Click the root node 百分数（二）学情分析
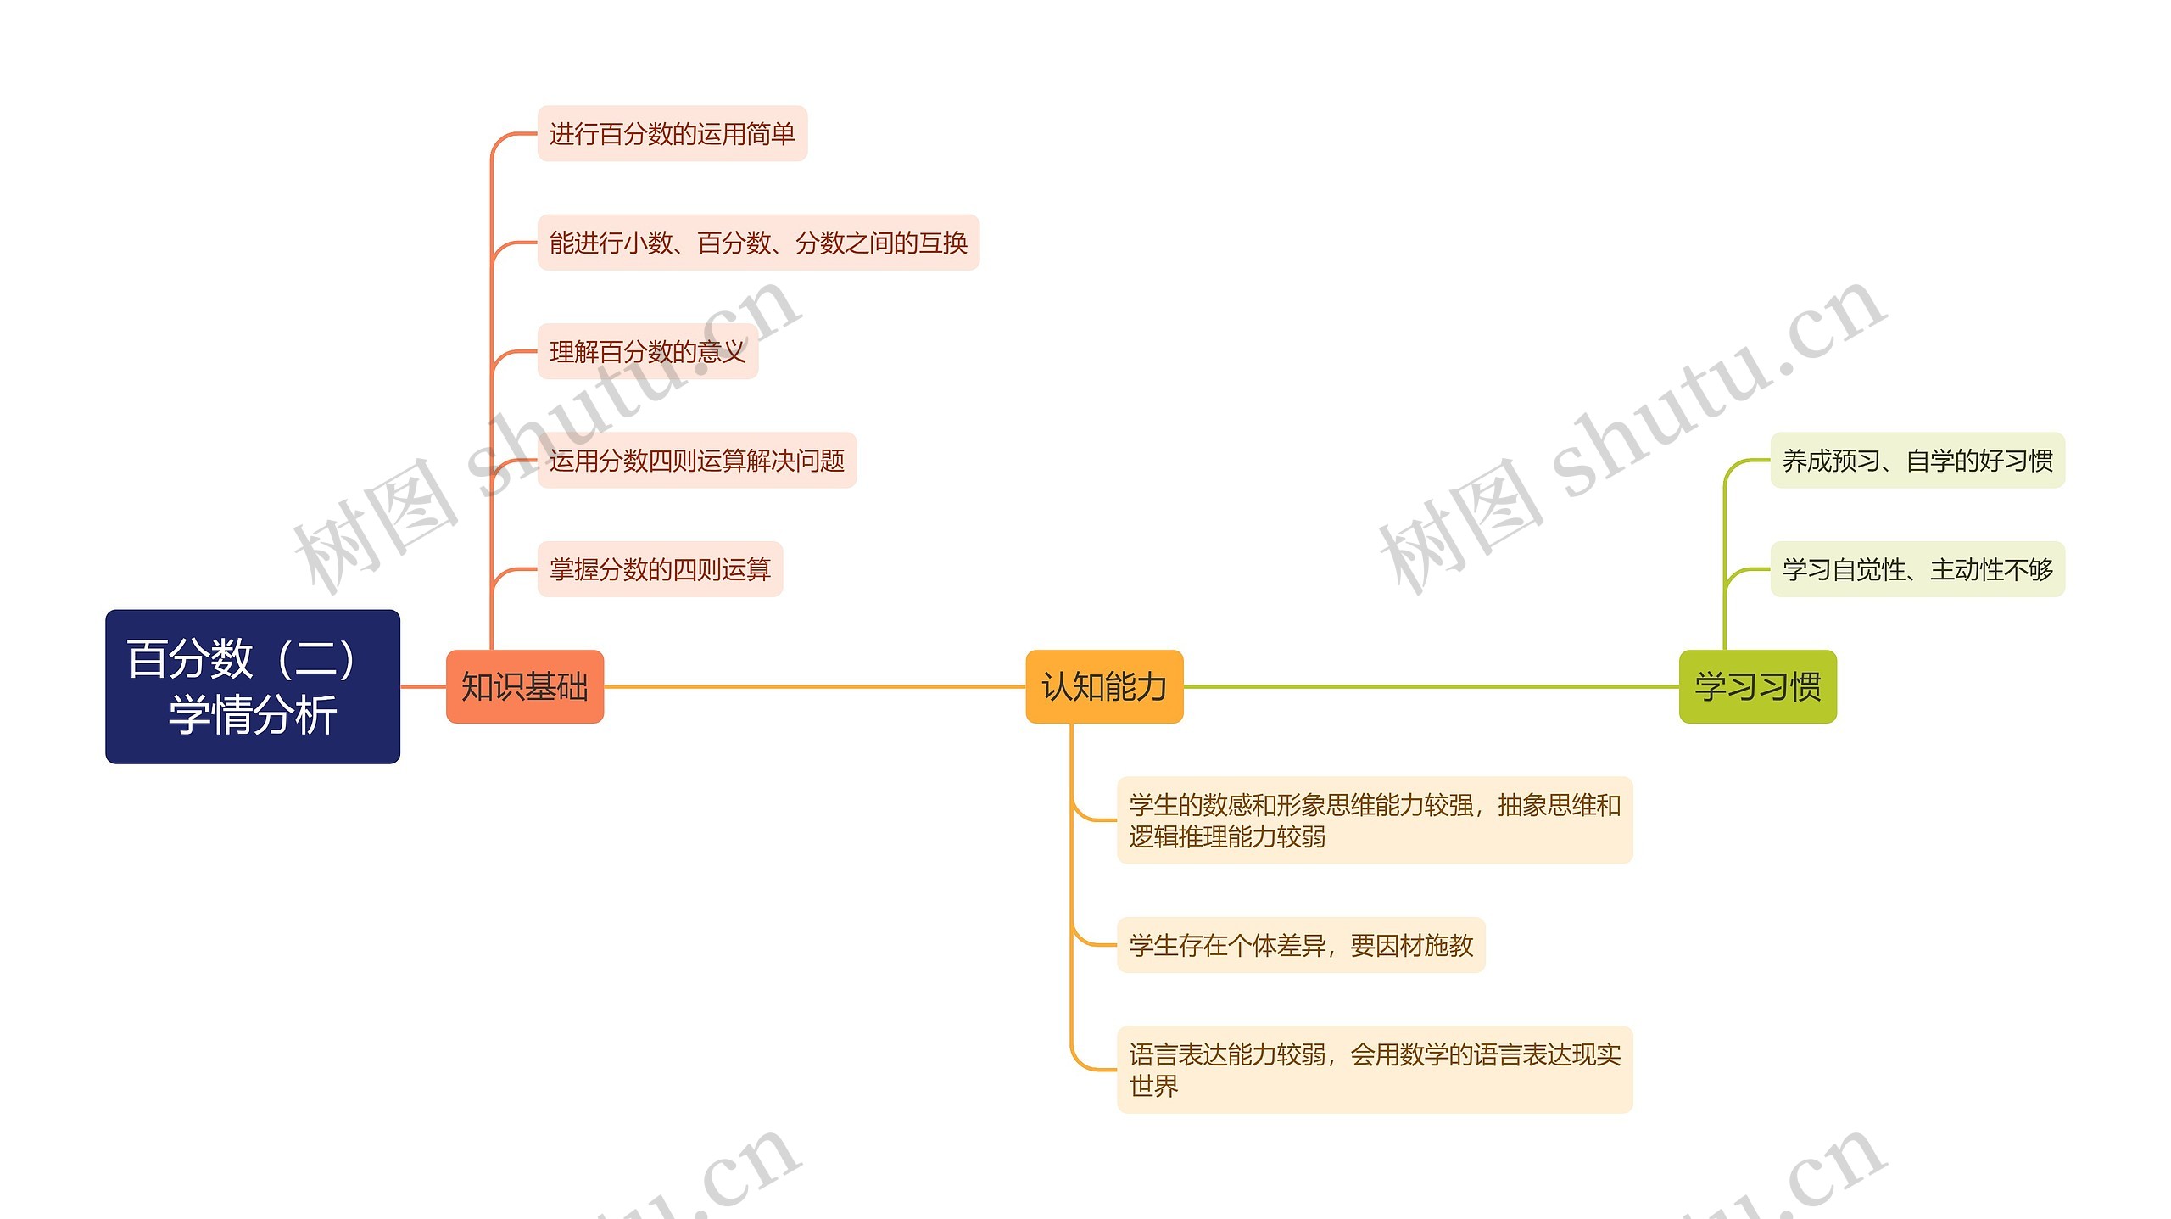click(x=252, y=685)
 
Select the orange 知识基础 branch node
click(x=524, y=686)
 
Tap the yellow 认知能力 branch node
click(x=1103, y=686)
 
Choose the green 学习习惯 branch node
click(x=1757, y=686)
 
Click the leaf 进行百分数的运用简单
click(x=672, y=134)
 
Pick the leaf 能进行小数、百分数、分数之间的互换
click(x=758, y=243)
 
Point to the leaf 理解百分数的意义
click(x=647, y=351)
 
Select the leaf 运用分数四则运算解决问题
click(x=696, y=460)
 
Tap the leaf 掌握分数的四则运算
click(x=660, y=568)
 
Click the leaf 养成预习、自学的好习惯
click(x=1917, y=460)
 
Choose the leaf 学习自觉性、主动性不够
click(x=1917, y=568)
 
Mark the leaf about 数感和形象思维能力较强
click(x=1374, y=819)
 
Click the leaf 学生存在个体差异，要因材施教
click(x=1301, y=944)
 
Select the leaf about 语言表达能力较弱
click(x=1374, y=1069)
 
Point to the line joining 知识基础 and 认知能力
click(x=814, y=686)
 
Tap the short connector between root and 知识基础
click(x=423, y=686)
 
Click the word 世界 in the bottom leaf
click(x=1153, y=1086)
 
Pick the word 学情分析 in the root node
click(x=253, y=714)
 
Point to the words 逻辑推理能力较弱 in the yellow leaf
click(x=1227, y=836)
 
